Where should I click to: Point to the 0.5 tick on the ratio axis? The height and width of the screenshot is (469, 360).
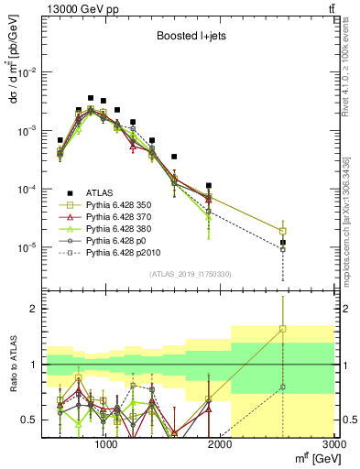(x=31, y=420)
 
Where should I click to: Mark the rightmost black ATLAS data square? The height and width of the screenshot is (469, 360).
(x=283, y=243)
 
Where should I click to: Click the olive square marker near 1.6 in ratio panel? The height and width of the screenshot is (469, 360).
(x=283, y=329)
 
